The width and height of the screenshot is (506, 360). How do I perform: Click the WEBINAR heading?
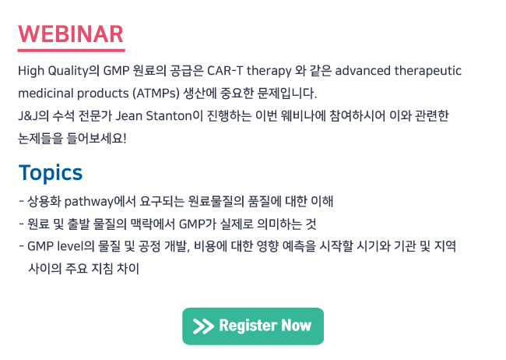pos(71,34)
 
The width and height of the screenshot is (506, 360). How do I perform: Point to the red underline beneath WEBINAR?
pos(72,51)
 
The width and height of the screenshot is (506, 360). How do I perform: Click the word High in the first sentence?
pos(31,71)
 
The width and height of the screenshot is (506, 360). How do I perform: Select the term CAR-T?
pos(225,70)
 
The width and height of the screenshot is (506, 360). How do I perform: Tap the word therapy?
pos(269,71)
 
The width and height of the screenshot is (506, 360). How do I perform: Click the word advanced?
pos(363,70)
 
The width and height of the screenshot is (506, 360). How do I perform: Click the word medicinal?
pos(45,93)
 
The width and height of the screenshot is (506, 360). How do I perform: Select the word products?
pos(103,94)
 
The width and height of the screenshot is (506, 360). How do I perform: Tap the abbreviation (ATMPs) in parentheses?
pos(156,94)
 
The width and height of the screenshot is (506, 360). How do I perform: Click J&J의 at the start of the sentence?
pos(33,115)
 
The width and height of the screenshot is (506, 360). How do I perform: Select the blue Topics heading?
pos(51,173)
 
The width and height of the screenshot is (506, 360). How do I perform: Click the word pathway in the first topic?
pos(89,202)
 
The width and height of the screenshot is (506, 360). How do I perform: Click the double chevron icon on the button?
pos(203,326)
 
